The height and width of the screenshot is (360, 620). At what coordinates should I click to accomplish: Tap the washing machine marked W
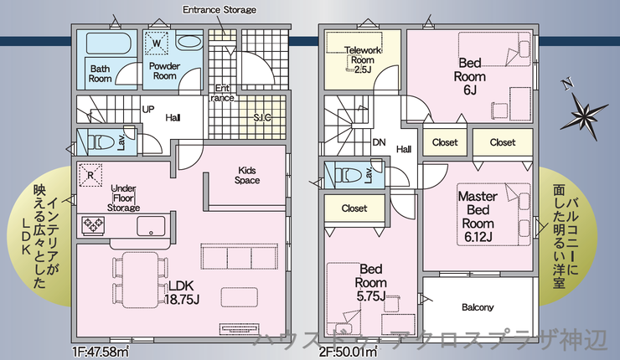(x=157, y=41)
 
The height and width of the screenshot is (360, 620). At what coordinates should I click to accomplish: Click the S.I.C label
(x=262, y=117)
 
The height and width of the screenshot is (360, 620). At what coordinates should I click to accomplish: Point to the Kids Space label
(x=247, y=175)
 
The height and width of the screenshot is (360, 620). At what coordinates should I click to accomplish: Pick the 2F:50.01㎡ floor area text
(x=347, y=352)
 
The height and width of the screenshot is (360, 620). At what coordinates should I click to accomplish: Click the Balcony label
(x=478, y=306)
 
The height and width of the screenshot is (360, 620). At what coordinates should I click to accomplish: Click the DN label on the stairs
(x=379, y=142)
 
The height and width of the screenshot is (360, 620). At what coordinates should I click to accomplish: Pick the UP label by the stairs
(x=147, y=110)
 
